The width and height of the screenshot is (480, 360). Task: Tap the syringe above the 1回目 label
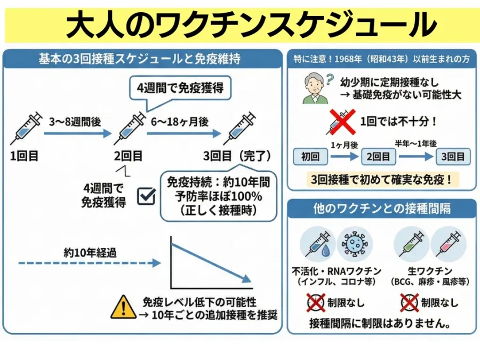(26, 128)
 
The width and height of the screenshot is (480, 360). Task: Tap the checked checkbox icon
(146, 196)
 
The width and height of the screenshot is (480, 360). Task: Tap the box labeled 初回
(310, 157)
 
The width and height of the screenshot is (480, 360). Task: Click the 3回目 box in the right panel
(453, 157)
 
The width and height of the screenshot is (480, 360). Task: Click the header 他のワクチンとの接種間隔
(381, 209)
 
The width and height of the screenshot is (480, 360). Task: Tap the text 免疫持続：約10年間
(219, 182)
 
